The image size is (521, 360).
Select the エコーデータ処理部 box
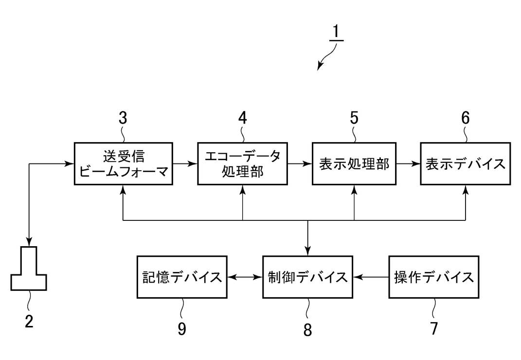(242, 163)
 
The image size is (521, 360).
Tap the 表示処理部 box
(354, 163)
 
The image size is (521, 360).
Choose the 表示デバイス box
(465, 163)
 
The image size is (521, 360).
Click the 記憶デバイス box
(182, 277)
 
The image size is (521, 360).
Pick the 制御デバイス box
(307, 277)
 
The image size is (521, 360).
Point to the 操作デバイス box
(433, 277)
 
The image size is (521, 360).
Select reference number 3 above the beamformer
(123, 118)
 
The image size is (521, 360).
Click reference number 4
(242, 118)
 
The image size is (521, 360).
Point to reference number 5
(354, 118)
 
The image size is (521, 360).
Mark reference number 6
(466, 118)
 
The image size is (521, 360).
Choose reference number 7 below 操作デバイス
(433, 328)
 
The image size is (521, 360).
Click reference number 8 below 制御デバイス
(307, 329)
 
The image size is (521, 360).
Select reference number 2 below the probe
(29, 322)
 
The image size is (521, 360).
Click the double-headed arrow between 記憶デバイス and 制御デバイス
(245, 277)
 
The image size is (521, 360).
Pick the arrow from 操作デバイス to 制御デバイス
(371, 277)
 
